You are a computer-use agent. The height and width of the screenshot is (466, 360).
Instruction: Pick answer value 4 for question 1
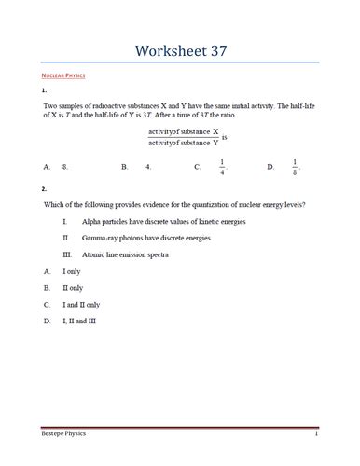[148, 167]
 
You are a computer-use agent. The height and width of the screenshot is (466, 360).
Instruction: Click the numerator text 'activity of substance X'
[183, 132]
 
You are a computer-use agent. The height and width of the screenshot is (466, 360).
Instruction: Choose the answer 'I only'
[72, 271]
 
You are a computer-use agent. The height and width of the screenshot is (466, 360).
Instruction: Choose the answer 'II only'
[73, 288]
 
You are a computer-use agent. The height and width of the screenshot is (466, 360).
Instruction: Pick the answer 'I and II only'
[81, 305]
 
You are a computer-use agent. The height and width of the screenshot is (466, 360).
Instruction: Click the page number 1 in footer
[317, 435]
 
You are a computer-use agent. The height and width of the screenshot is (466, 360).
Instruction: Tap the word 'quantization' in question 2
[204, 204]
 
